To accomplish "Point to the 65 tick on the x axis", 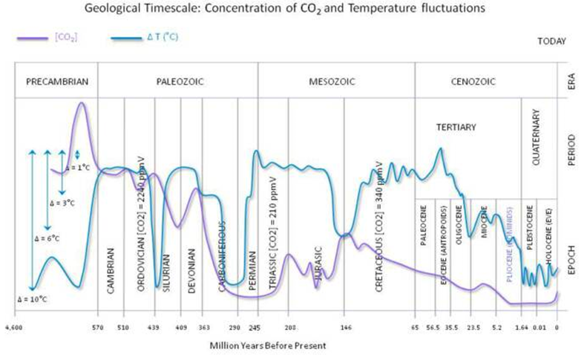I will [x=416, y=327].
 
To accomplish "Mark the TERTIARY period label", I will [x=456, y=128].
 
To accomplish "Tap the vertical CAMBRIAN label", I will [x=111, y=270].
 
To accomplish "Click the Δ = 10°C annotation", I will [x=34, y=301].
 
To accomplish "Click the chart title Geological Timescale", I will [x=294, y=10].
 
